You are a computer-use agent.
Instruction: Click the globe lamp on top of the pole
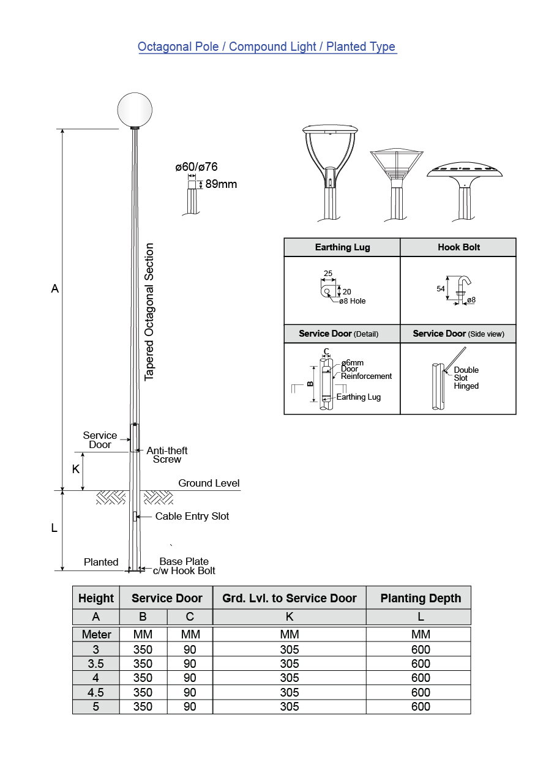pos(135,108)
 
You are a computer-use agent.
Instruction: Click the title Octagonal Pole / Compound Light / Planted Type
pos(266,47)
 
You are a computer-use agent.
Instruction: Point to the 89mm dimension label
pos(220,184)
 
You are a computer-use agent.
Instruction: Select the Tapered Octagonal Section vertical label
pos(149,312)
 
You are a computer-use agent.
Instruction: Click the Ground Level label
pos(209,483)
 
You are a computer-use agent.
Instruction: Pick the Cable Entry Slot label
pos(192,516)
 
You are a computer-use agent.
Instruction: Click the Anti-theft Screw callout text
pos(167,455)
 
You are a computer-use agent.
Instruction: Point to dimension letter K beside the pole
pos(76,469)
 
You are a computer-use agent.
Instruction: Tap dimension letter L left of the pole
pos(54,528)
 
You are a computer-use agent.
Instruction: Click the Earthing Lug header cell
pos(342,247)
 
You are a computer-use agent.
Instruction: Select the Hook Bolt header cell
pos(458,247)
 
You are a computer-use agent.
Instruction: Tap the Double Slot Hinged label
pos(466,378)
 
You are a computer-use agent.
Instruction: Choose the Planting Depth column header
pos(421,598)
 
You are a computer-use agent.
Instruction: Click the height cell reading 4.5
pos(96,692)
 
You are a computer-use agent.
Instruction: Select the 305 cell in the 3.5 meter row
pos(289,664)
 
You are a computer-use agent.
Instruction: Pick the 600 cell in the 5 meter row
pos(421,706)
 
